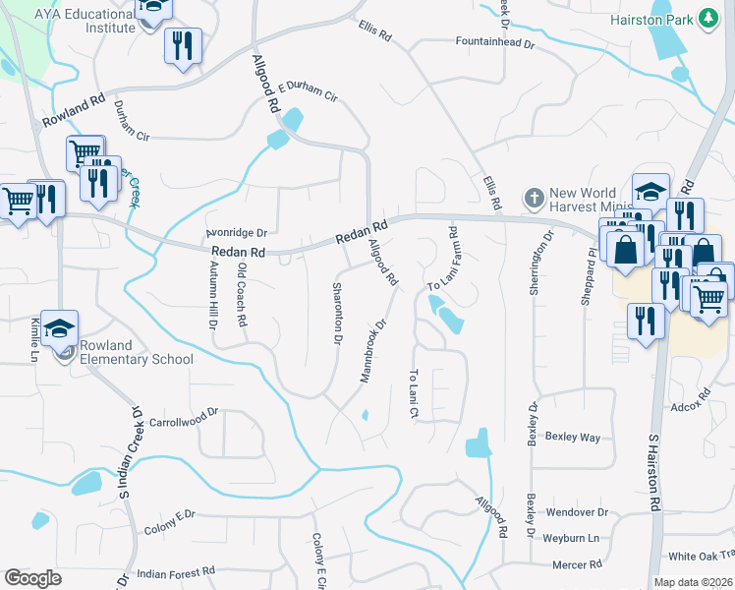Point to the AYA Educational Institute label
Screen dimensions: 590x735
pos(84,21)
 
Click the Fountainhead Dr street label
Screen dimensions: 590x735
pos(493,43)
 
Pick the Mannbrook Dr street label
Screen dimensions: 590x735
pos(369,350)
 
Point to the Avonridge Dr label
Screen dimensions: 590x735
pos(236,233)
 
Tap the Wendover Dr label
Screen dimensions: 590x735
pos(578,512)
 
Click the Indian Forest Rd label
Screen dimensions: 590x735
pos(176,572)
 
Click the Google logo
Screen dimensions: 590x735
pos(32,578)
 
